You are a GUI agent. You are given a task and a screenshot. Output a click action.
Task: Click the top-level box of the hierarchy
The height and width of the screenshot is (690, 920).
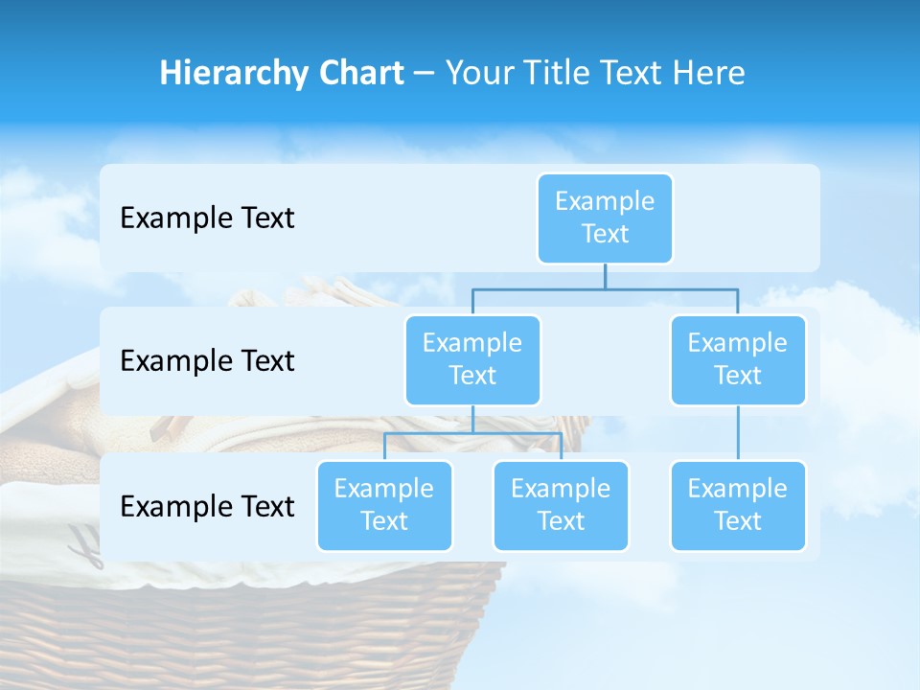(605, 218)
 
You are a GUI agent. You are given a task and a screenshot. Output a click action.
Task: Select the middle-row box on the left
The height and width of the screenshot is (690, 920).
(472, 359)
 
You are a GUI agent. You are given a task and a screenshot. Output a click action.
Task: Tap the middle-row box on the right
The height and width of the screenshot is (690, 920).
(738, 359)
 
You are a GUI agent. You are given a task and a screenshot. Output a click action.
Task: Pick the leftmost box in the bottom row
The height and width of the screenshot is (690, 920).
(384, 505)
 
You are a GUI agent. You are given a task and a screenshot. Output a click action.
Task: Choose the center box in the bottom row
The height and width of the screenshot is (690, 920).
(561, 505)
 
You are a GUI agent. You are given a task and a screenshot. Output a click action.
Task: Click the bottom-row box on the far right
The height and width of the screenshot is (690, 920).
(738, 505)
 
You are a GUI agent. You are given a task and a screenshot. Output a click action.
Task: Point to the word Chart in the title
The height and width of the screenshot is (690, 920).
(356, 74)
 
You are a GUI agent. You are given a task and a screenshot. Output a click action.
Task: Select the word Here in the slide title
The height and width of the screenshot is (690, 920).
(707, 74)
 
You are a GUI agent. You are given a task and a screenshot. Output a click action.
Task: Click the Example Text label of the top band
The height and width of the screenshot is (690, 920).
(207, 218)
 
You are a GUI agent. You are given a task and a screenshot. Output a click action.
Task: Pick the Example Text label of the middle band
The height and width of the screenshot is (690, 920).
(207, 360)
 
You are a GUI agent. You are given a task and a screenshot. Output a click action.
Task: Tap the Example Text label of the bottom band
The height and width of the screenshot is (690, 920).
(207, 506)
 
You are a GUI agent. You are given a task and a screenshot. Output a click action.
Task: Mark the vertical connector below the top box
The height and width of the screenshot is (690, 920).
(605, 276)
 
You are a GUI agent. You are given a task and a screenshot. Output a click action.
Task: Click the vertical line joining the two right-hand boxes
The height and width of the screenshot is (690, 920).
(738, 433)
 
